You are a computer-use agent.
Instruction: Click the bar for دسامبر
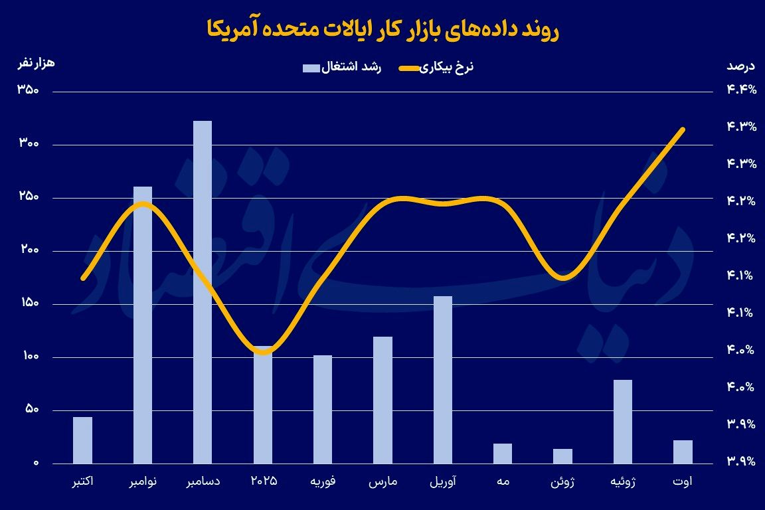(203, 292)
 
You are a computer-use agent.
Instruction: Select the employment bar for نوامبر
(143, 325)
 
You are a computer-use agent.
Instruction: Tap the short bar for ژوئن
(562, 456)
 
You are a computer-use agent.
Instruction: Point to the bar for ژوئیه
(623, 422)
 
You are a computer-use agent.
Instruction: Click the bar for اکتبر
(82, 440)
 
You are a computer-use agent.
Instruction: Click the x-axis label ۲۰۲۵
(263, 481)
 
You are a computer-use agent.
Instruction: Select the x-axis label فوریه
(323, 481)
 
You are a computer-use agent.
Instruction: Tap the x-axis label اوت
(683, 481)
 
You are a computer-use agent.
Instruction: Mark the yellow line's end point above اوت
(683, 129)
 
